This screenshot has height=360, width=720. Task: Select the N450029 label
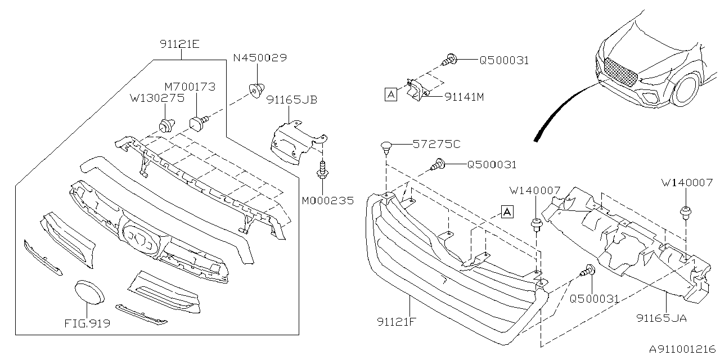(x=260, y=58)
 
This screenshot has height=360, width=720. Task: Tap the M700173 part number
(x=190, y=87)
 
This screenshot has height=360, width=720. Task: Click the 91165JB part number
(x=291, y=100)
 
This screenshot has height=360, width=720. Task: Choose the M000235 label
(x=328, y=201)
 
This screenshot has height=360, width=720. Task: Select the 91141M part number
(x=464, y=97)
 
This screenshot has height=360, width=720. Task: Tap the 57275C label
(x=436, y=145)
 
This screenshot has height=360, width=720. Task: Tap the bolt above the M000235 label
(x=322, y=169)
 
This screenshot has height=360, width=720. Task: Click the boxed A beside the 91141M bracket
(x=390, y=96)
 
